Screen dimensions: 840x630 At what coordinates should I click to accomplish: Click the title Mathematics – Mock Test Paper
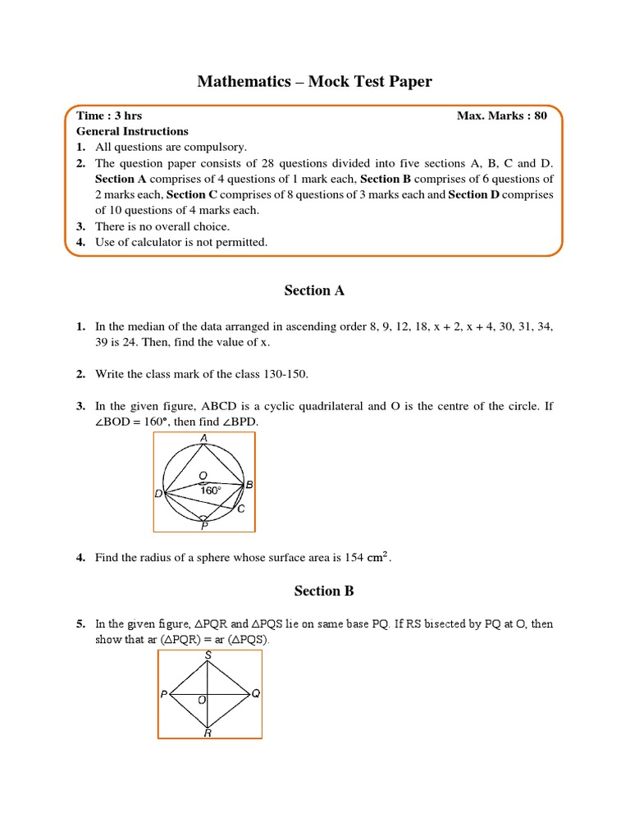click(314, 81)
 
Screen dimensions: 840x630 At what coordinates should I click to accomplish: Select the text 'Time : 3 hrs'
click(109, 116)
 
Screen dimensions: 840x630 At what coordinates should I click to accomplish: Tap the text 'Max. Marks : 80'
click(501, 116)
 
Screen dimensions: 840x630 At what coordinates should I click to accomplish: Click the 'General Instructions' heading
click(132, 131)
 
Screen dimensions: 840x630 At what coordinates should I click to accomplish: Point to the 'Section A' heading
click(314, 290)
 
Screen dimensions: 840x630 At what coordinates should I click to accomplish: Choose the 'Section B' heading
click(314, 591)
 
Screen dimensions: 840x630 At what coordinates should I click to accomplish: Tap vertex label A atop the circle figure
click(203, 438)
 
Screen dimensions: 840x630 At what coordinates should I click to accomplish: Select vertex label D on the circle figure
click(158, 494)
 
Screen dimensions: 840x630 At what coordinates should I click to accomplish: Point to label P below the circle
click(204, 527)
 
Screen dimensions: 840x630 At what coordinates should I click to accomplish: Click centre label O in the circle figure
click(203, 475)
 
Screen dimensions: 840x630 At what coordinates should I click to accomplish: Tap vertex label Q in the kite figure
click(256, 694)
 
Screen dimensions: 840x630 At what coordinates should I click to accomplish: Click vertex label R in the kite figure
click(208, 733)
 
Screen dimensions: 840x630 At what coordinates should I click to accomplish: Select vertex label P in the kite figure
click(164, 695)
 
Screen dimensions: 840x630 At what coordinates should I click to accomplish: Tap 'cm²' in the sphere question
click(378, 557)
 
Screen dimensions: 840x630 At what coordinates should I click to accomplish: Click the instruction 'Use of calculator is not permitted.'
click(181, 242)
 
